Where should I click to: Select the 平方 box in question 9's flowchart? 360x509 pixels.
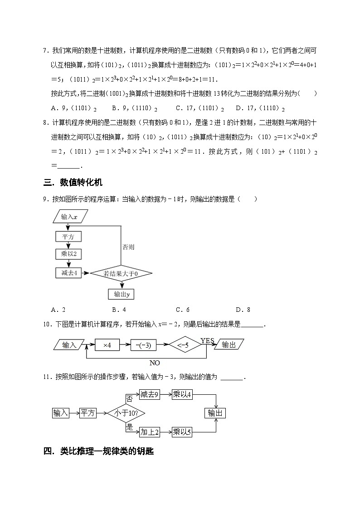pyautogui.click(x=68, y=237)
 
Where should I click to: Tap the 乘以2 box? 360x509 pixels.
pyautogui.click(x=68, y=254)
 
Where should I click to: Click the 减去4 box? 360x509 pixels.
pyautogui.click(x=68, y=273)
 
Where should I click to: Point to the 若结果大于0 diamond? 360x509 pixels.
pyautogui.click(x=121, y=273)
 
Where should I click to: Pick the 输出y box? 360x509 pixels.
pyautogui.click(x=122, y=294)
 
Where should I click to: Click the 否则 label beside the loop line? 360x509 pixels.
pyautogui.click(x=128, y=247)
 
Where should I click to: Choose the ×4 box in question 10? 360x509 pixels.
pyautogui.click(x=107, y=345)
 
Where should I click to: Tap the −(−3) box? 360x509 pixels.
pyautogui.click(x=143, y=345)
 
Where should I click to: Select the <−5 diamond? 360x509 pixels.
pyautogui.click(x=185, y=345)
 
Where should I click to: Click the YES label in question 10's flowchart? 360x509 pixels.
pyautogui.click(x=207, y=340)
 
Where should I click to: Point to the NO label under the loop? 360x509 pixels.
pyautogui.click(x=155, y=363)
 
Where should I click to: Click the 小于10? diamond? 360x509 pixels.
pyautogui.click(x=123, y=413)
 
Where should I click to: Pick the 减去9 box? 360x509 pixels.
pyautogui.click(x=149, y=394)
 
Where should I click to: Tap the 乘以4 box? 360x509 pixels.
pyautogui.click(x=182, y=394)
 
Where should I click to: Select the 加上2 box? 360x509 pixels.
pyautogui.click(x=149, y=432)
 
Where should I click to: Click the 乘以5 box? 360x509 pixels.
pyautogui.click(x=182, y=432)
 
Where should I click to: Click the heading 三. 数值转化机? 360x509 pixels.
pyautogui.click(x=73, y=182)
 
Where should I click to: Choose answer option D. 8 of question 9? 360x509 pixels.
pyautogui.click(x=243, y=310)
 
